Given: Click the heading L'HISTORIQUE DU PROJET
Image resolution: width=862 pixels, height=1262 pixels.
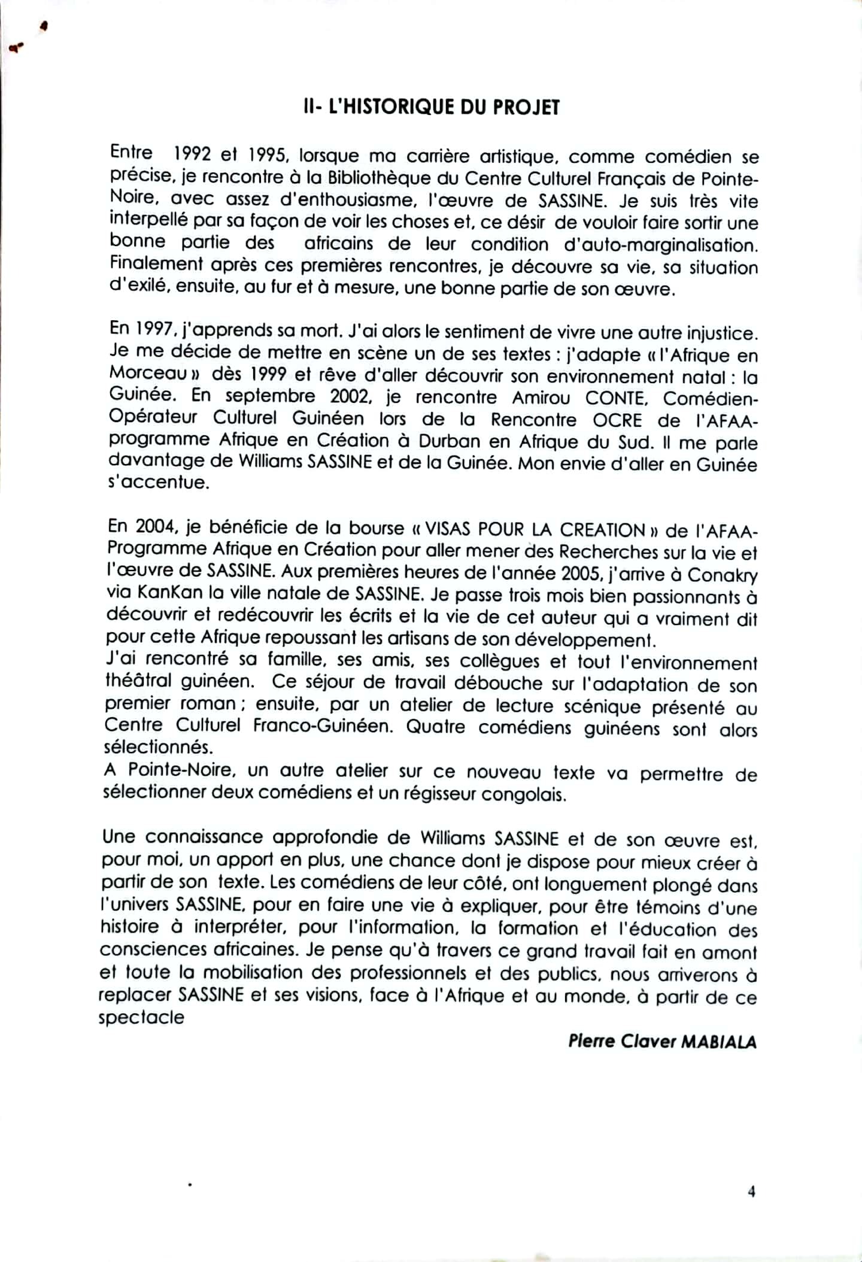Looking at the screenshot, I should point(432,107).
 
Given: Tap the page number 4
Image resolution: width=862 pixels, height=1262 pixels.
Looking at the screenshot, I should point(751,1191).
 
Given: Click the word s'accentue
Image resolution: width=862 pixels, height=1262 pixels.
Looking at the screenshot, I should point(159,482).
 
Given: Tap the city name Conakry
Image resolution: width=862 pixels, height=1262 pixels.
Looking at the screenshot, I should point(722,575).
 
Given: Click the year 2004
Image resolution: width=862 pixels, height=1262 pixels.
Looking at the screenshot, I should point(157,527).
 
